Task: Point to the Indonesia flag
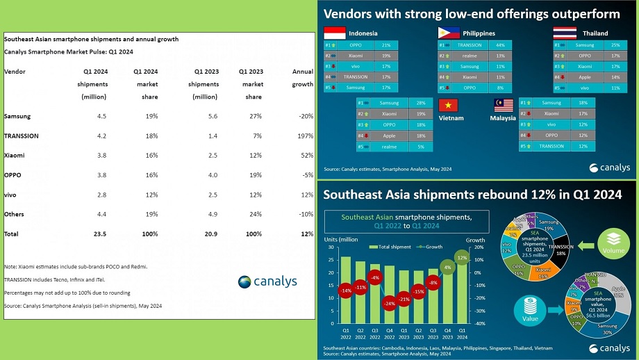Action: (335, 33)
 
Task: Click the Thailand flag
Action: (563, 33)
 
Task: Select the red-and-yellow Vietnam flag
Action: (449, 105)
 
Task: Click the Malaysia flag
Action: (502, 105)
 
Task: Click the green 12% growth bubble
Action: (462, 257)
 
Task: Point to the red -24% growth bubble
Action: (389, 304)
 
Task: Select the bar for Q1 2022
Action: (345, 289)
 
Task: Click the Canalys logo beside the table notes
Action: (267, 281)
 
